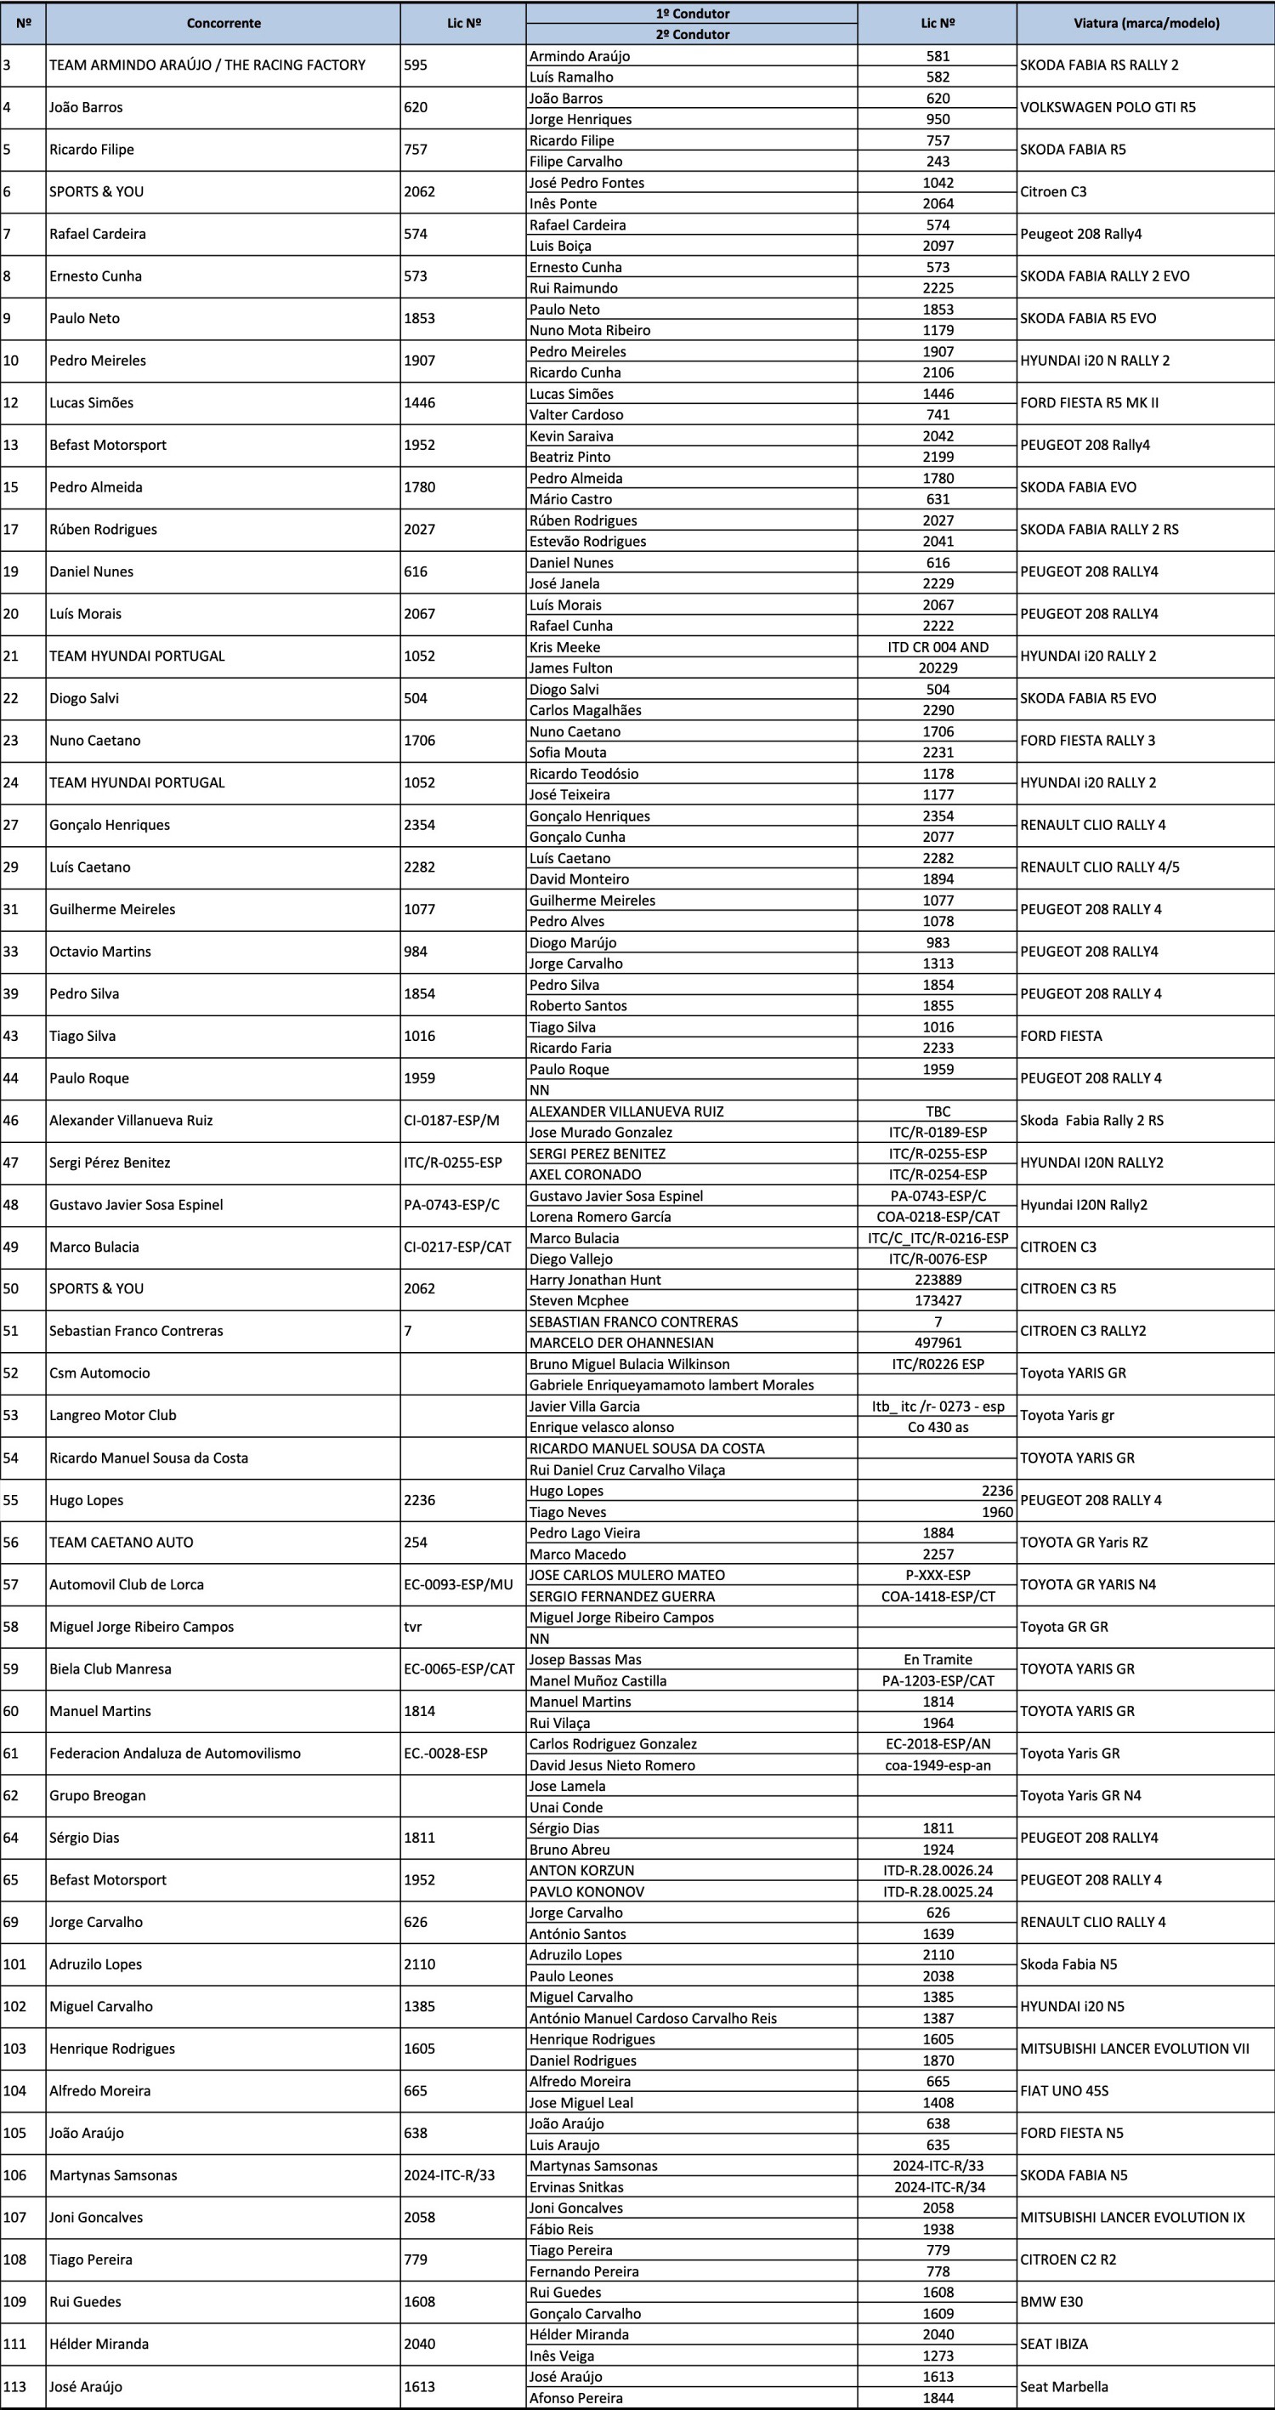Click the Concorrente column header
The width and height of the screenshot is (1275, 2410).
223,24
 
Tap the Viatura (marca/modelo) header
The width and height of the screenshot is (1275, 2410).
1146,24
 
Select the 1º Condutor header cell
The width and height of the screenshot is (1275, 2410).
692,13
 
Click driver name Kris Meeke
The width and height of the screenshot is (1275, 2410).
565,647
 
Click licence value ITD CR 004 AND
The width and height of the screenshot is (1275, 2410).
938,647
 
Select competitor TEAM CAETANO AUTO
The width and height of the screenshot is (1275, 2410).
122,1543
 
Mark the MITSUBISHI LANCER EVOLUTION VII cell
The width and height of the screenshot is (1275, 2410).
1135,2049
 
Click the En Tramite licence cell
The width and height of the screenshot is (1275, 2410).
938,1660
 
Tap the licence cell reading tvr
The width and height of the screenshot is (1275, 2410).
412,1627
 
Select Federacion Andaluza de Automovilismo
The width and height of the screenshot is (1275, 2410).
175,1754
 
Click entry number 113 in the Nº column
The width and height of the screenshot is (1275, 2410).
15,2386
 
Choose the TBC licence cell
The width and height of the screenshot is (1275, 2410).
938,1111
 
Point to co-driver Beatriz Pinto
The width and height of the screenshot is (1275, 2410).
569,457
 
